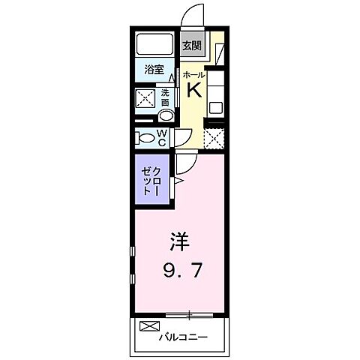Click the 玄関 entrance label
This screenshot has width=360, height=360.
coord(192,44)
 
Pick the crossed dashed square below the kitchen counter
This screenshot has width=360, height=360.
coord(214,138)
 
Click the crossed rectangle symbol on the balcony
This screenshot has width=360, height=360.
coord(149,327)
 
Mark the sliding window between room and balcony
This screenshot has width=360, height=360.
coord(190,312)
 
